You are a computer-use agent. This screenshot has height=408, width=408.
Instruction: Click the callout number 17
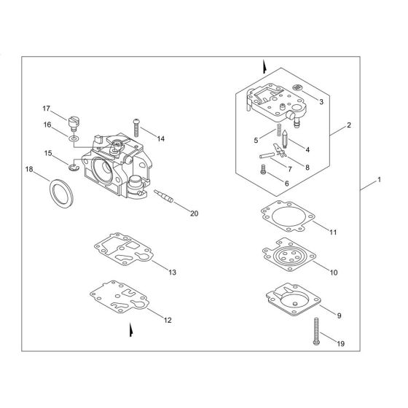45,108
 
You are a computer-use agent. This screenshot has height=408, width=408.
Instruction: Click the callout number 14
160,138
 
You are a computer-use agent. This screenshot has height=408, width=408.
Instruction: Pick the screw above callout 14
136,126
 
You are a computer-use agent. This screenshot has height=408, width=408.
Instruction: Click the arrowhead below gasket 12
130,330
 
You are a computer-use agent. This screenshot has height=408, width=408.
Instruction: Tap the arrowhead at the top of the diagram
264,66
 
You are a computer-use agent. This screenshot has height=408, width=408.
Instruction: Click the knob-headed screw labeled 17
72,118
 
